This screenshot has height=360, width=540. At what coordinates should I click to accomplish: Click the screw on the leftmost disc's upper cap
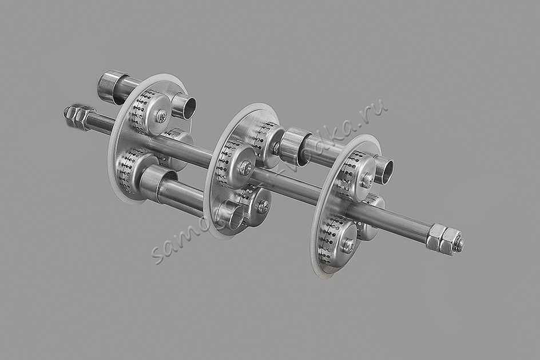click(162, 116)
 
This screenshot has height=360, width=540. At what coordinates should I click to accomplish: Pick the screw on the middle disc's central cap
click(245, 168)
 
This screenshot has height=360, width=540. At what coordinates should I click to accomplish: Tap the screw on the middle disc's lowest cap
click(263, 207)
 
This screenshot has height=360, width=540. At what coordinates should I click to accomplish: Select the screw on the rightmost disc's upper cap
click(367, 180)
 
